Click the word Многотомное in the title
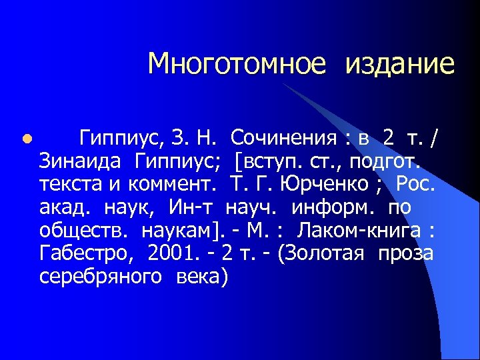(237, 64)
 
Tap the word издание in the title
(399, 64)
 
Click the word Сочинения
(283, 139)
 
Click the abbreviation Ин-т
(192, 207)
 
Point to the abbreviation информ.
(320, 208)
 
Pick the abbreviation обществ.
(83, 231)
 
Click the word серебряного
(100, 277)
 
